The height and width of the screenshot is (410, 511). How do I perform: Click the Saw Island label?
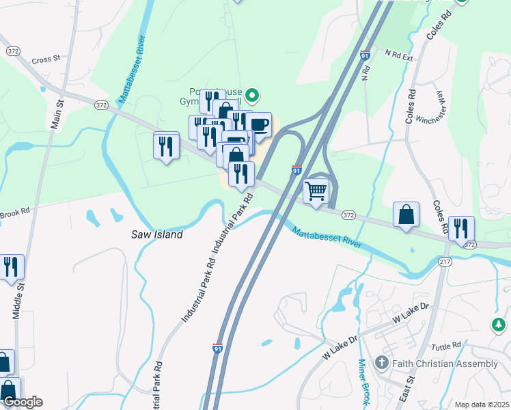point(157,234)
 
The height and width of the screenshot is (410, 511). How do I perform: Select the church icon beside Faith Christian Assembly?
point(382,363)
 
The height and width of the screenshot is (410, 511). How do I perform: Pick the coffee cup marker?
point(259,125)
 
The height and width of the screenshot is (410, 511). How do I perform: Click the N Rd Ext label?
point(399,55)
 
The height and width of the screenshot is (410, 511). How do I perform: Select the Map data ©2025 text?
point(481,405)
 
